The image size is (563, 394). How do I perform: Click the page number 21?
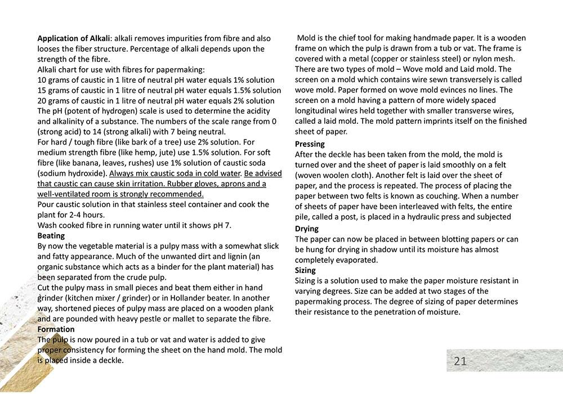click(x=460, y=361)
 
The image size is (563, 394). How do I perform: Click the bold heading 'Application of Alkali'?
click(x=73, y=38)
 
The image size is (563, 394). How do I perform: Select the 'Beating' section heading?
click(x=51, y=236)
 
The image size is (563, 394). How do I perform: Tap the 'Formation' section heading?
click(x=56, y=329)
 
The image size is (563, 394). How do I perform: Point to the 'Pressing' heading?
click(x=310, y=144)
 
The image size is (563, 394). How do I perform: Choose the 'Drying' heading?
click(x=307, y=229)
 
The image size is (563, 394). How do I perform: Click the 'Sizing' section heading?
click(x=305, y=270)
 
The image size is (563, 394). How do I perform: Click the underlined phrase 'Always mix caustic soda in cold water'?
click(x=175, y=173)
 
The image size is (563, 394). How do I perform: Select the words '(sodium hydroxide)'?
click(x=72, y=173)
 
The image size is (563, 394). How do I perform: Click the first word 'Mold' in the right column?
click(x=307, y=38)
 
